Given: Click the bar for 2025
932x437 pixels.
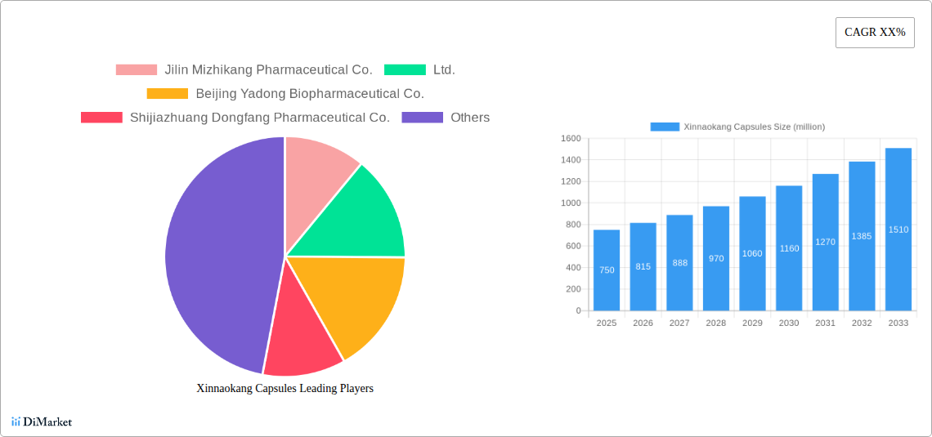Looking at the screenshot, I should coord(607,270).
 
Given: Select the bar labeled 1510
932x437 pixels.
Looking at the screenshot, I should coord(898,230).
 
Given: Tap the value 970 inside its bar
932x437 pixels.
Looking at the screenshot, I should coord(716,258).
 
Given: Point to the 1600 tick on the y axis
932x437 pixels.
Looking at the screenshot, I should coord(571,139).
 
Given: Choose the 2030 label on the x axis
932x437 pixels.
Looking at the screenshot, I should coord(789,323).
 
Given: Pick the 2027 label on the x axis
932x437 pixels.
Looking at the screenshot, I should coord(679,323).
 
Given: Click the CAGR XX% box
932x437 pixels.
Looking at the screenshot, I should coord(875,33).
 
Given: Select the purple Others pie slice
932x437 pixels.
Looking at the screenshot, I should coord(217,253).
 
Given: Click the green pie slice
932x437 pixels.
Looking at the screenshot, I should coord(360,216).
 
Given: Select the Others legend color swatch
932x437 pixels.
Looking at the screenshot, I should coord(423,118).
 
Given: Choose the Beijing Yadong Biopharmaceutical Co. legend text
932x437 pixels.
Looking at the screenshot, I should coord(309,94).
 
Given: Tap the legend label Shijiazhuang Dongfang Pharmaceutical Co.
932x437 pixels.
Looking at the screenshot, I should coord(259,118).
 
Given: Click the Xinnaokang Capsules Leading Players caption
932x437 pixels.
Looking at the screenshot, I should coord(285,389).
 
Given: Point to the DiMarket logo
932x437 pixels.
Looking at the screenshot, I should coord(42,422).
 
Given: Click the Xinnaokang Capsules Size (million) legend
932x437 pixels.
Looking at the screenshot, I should coord(737,127).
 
